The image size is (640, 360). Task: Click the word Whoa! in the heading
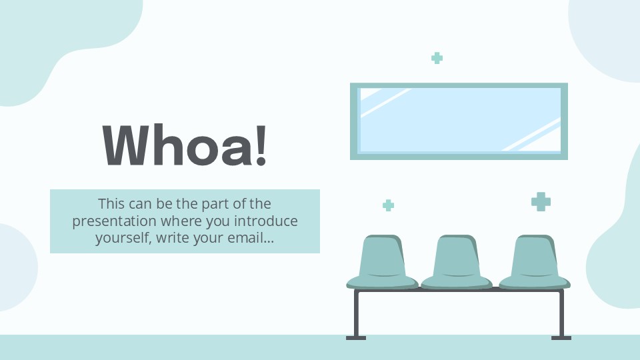(x=185, y=145)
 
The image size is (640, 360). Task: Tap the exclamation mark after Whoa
(x=261, y=145)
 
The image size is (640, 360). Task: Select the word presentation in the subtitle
(x=114, y=221)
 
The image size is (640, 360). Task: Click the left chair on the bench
(x=382, y=263)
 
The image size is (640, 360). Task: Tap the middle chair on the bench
(x=457, y=263)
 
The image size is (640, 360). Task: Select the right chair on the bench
(x=535, y=263)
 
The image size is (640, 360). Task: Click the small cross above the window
(x=437, y=58)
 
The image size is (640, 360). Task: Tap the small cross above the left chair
(x=388, y=205)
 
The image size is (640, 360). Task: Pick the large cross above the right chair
(x=541, y=201)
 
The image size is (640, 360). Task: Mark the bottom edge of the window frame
(x=459, y=157)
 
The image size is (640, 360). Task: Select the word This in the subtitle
(x=111, y=203)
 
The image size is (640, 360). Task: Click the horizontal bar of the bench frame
(x=459, y=292)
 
